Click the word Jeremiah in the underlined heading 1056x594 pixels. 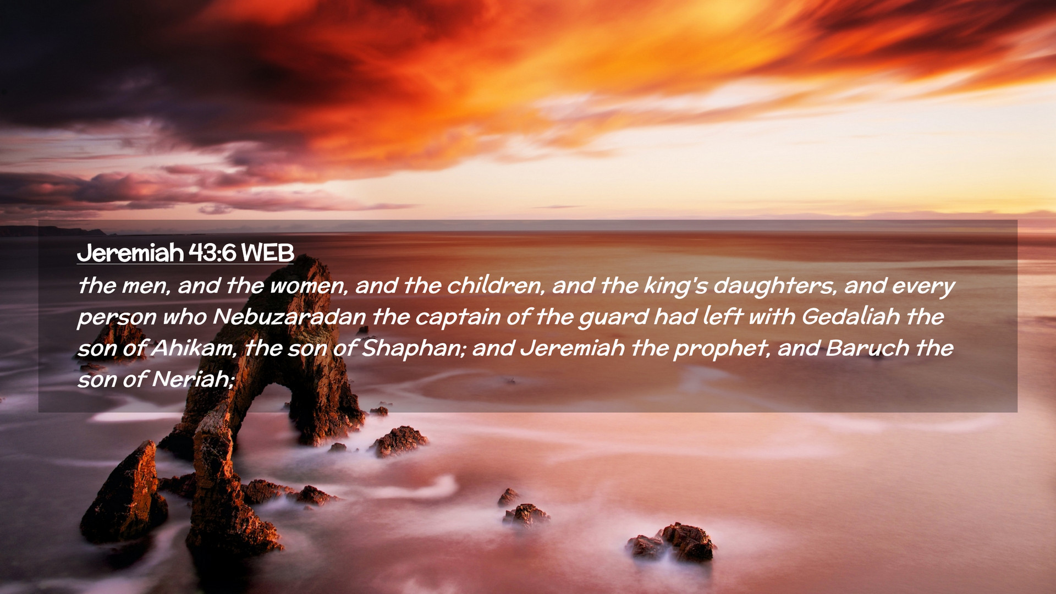[130, 254]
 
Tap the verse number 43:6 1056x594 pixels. [212, 253]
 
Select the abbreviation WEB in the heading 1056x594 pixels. [268, 253]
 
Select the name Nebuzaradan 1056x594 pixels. [289, 317]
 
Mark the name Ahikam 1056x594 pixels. [193, 348]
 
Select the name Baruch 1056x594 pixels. [867, 348]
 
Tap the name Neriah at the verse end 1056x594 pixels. [193, 380]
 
